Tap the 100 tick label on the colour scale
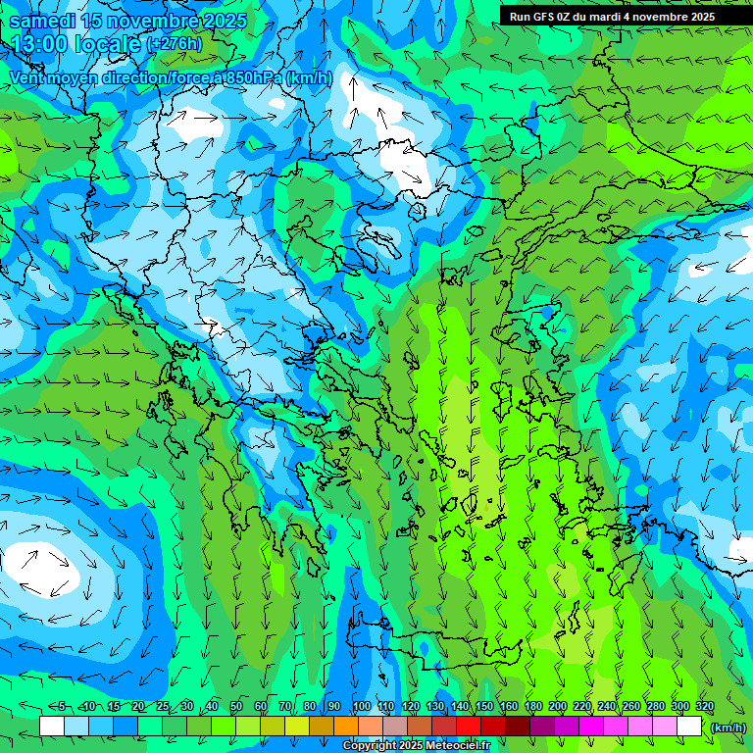361,707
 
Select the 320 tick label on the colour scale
704,707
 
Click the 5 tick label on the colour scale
62,707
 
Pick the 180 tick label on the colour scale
532,707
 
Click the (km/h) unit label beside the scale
728,727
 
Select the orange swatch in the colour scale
345,726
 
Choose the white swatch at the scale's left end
51,726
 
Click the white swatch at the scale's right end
688,726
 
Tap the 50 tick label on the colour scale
236,707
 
